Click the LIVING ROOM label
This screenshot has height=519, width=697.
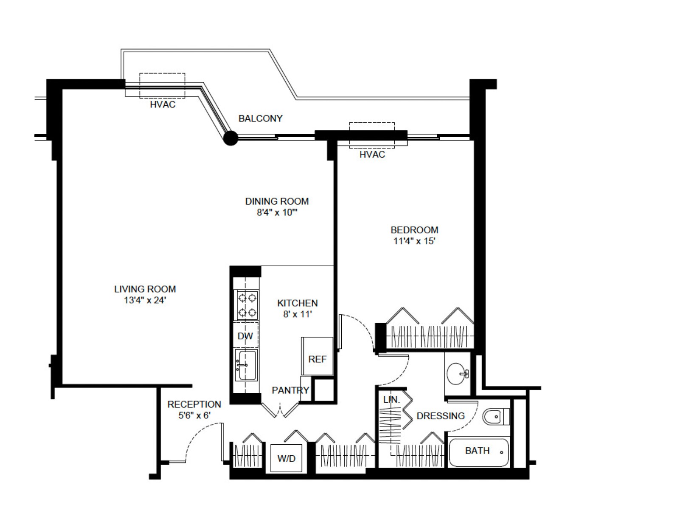[x=145, y=289]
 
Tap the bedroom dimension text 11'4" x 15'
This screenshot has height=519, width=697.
[x=414, y=241]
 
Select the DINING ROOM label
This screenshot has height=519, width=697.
[x=277, y=201]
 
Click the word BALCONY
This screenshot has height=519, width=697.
[x=260, y=118]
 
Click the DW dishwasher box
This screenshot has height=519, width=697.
[x=245, y=336]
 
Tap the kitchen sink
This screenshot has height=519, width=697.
[x=246, y=365]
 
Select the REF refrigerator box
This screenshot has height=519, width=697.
[x=317, y=359]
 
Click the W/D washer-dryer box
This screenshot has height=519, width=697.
[x=287, y=458]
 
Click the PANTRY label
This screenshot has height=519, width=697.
[x=290, y=390]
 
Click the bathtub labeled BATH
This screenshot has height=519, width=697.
[x=478, y=452]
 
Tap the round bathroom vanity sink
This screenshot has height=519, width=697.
[x=457, y=373]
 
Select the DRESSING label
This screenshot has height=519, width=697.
[x=441, y=416]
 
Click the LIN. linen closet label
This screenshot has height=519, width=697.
[x=391, y=400]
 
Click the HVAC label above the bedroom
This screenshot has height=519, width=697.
[x=372, y=155]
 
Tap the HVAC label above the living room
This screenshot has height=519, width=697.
[x=163, y=104]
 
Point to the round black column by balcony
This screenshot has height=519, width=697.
[x=231, y=138]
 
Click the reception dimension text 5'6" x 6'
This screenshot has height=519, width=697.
[x=194, y=415]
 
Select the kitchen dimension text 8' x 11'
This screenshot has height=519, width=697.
[x=298, y=314]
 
